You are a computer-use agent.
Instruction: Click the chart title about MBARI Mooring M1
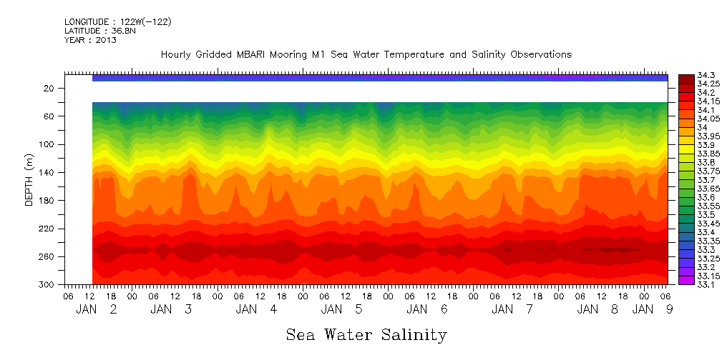pos(366,55)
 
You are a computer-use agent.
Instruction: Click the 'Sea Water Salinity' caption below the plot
pos(366,334)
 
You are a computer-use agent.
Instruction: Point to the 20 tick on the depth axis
pos(49,88)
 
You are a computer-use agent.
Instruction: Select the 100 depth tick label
pos(47,144)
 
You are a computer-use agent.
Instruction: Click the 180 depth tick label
pos(47,201)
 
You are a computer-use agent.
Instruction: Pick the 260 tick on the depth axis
pos(47,256)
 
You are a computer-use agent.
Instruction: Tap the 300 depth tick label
pos(47,285)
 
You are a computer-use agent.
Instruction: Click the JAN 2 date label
pos(97,309)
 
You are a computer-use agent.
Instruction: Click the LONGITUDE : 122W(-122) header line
pos(117,22)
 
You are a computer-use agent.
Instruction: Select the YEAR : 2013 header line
pos(90,40)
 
